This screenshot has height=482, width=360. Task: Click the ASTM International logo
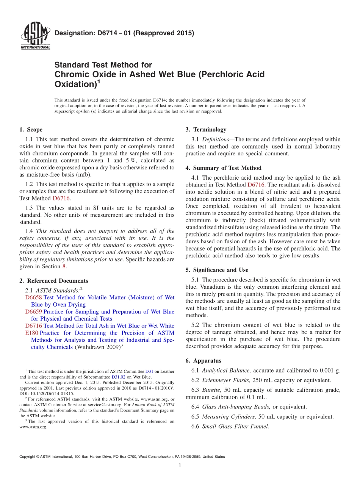coord(35,36)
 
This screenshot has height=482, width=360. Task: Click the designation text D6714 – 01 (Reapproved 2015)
coord(124,33)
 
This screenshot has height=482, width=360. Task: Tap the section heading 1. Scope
coord(31,130)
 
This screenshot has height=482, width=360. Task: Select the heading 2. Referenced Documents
coord(53,281)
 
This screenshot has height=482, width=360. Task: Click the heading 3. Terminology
coord(206,130)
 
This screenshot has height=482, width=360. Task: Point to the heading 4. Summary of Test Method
coord(223,168)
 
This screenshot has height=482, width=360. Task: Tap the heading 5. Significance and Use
coord(217,270)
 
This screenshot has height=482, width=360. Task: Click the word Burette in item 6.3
coord(211,390)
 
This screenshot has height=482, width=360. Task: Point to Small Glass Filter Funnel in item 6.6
coord(235,426)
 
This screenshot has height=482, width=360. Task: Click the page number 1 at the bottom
coord(180,466)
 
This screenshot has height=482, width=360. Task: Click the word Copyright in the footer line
coord(28,457)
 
